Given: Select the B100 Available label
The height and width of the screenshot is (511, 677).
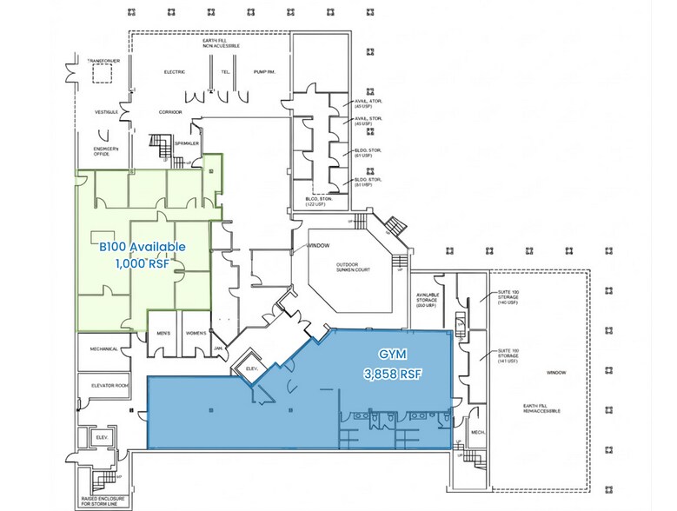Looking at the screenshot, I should pyautogui.click(x=142, y=247).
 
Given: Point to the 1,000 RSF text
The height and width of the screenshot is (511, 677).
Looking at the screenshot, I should pyautogui.click(x=142, y=264).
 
